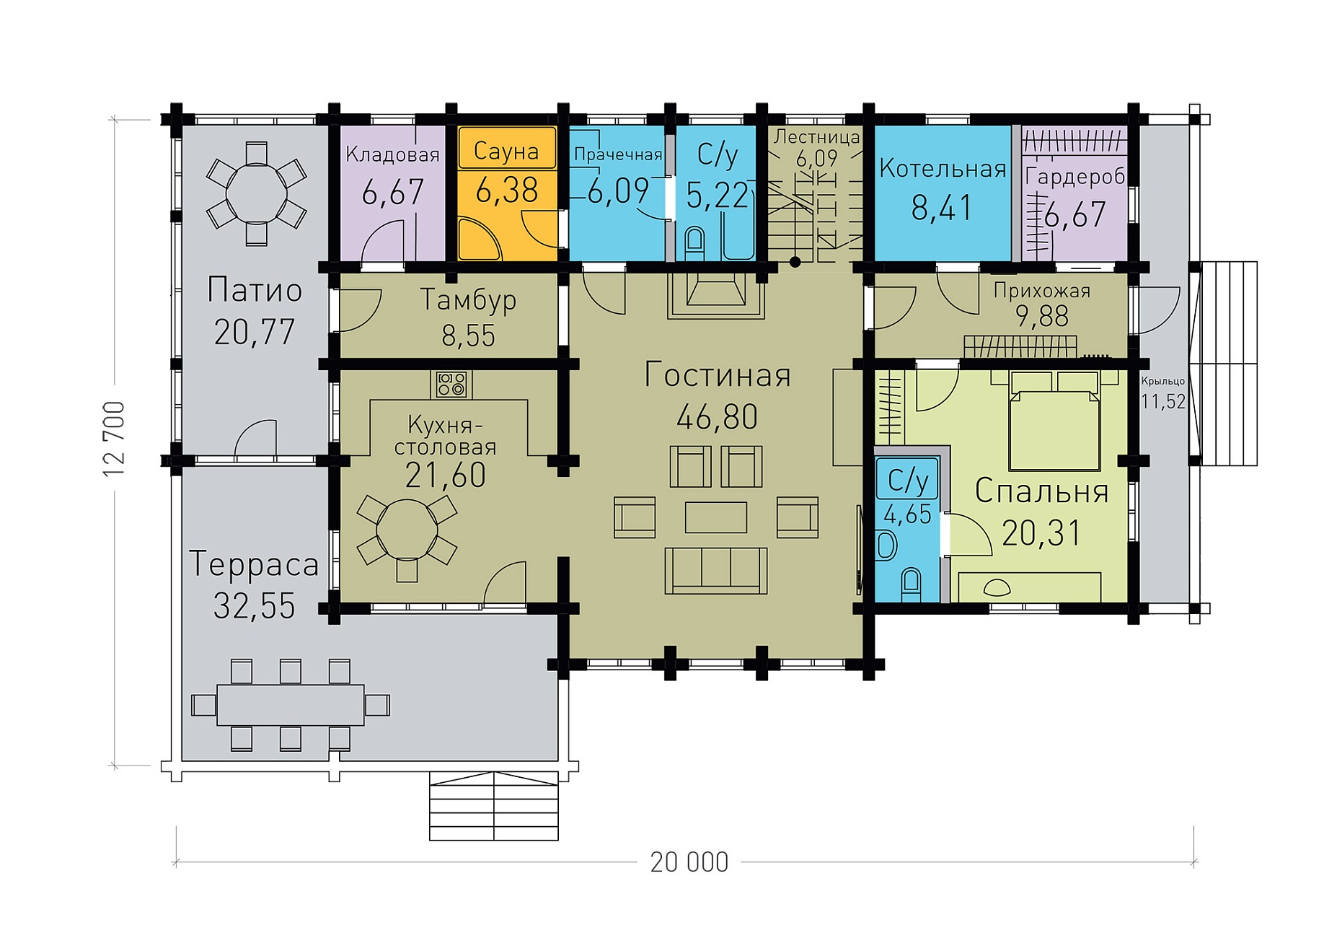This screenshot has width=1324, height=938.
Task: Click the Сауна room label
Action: (x=506, y=152)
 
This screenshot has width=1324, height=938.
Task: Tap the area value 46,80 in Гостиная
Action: (x=718, y=417)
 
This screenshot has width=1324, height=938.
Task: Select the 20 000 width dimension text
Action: (x=689, y=862)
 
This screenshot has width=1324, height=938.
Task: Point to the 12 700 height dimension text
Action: (x=114, y=438)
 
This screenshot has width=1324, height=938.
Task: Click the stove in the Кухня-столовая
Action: (x=451, y=384)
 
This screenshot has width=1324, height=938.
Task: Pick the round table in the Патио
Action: (x=256, y=193)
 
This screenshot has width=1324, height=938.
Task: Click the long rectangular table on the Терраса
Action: (x=291, y=705)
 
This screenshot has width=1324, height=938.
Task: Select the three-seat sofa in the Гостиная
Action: (x=716, y=571)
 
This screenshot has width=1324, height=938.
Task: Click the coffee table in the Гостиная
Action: (x=716, y=517)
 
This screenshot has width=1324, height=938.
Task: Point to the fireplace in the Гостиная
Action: (x=716, y=294)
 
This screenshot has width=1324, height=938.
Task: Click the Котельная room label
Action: (x=943, y=169)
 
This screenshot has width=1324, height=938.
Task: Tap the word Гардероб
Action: (x=1075, y=177)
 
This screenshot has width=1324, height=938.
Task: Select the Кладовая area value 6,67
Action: (x=392, y=193)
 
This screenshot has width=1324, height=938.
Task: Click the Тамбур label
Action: (x=468, y=299)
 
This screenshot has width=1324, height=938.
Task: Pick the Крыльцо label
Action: (x=1162, y=381)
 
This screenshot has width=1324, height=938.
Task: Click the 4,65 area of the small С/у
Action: (x=907, y=515)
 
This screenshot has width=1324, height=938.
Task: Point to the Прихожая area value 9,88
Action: (x=1042, y=316)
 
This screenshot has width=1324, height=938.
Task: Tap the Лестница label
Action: (x=816, y=136)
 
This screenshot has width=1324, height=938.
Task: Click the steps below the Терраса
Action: (x=494, y=806)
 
